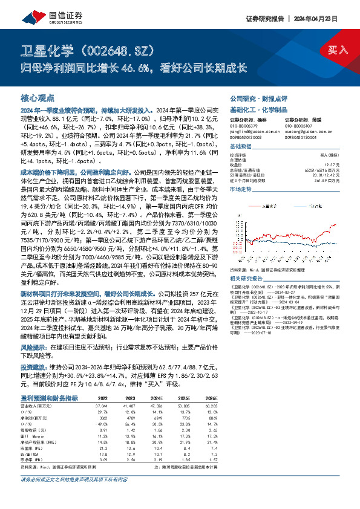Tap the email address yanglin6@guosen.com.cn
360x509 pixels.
click(250, 129)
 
